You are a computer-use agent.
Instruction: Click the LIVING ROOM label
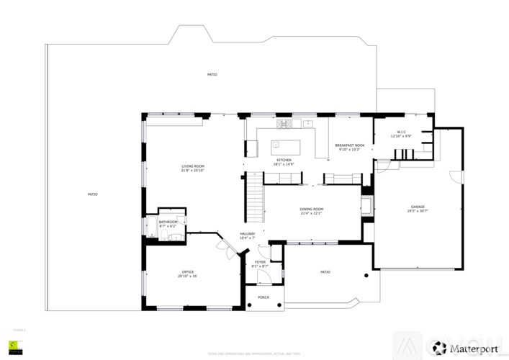[192, 166]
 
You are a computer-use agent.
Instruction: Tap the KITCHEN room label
[283, 160]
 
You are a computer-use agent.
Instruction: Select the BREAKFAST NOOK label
[350, 145]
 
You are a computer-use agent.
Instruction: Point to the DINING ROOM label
[311, 210]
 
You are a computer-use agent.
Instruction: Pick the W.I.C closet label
[402, 132]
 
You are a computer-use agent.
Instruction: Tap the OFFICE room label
[188, 271]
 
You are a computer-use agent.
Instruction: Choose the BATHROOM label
[167, 222]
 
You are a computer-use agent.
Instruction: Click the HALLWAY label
[248, 234]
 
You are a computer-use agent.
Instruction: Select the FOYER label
[260, 262]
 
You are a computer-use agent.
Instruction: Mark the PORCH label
[263, 297]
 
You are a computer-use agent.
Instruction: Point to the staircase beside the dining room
[255, 199]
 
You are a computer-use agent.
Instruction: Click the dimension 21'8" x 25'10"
[192, 171]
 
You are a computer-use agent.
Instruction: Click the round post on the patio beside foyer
[367, 275]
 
